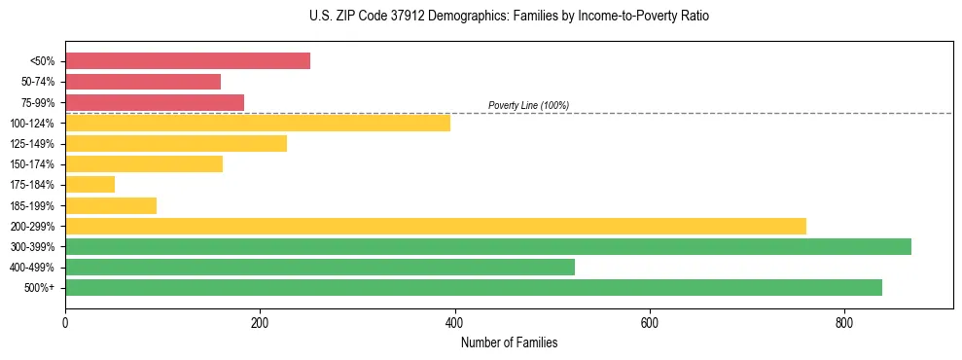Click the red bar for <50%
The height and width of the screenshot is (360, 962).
[187, 61]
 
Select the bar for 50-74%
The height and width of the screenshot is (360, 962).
[143, 82]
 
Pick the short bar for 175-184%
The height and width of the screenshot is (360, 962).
[89, 185]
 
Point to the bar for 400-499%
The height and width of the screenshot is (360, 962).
[319, 268]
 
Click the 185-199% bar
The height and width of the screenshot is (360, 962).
[111, 205]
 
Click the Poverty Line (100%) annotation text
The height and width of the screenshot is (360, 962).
[528, 105]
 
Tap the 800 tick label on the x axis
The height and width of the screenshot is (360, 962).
[843, 323]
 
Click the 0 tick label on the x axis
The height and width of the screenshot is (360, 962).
[65, 323]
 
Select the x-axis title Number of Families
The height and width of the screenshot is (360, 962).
[509, 342]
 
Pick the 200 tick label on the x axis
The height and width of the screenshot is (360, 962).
[260, 323]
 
